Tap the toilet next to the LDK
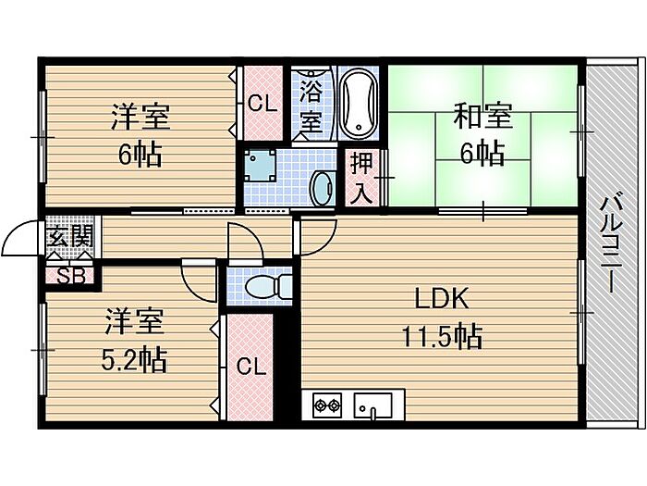pyautogui.click(x=262, y=285)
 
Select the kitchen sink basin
pyautogui.click(x=373, y=405)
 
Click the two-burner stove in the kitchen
pyautogui.click(x=327, y=404)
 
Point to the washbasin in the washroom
pyautogui.click(x=322, y=188)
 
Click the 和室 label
pyautogui.click(x=482, y=117)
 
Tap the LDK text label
pyautogui.click(x=443, y=298)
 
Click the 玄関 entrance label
pyautogui.click(x=70, y=239)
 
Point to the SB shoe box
pyautogui.click(x=68, y=275)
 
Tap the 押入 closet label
pyautogui.click(x=361, y=177)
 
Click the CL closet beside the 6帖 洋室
pyautogui.click(x=262, y=105)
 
